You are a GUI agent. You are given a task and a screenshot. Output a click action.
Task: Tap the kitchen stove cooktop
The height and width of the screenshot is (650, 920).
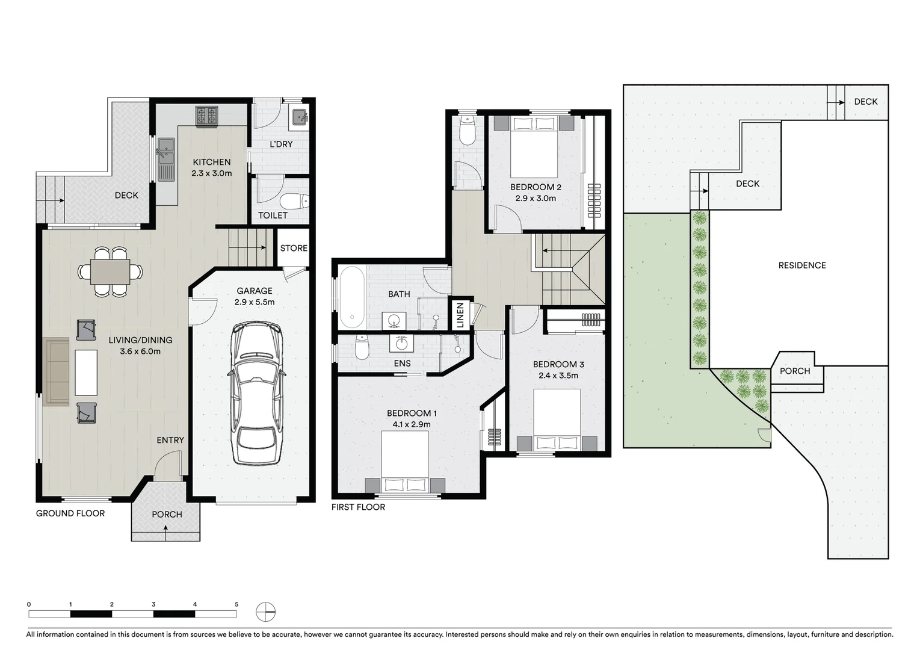(206, 116)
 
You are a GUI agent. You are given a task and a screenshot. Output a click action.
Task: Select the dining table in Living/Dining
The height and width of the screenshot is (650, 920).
(110, 271)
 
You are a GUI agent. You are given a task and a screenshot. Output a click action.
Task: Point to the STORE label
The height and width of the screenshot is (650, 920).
(294, 248)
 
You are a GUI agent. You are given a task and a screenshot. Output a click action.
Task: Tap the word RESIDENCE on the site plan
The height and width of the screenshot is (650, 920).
(801, 265)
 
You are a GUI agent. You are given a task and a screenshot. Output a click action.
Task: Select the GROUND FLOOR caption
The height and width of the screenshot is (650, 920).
(70, 513)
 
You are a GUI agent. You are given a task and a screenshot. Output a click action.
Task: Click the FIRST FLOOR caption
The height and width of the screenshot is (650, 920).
(358, 507)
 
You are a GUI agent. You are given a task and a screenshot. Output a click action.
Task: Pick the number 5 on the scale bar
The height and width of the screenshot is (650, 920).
(236, 604)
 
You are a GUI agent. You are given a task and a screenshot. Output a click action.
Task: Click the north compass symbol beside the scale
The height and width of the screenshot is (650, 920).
(265, 612)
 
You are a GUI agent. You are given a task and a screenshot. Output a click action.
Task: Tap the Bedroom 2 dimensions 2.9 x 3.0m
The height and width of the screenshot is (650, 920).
(535, 198)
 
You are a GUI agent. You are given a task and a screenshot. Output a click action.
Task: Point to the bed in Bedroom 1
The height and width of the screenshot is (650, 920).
(405, 462)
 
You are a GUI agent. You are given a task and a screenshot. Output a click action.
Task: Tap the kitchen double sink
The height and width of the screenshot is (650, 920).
(166, 158)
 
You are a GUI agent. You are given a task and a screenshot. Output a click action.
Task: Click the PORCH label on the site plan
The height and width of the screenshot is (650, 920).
(794, 371)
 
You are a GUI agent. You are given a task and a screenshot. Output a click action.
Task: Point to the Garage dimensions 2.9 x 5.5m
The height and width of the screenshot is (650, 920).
(255, 302)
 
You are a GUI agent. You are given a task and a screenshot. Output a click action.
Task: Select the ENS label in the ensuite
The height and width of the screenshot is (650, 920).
(402, 364)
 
